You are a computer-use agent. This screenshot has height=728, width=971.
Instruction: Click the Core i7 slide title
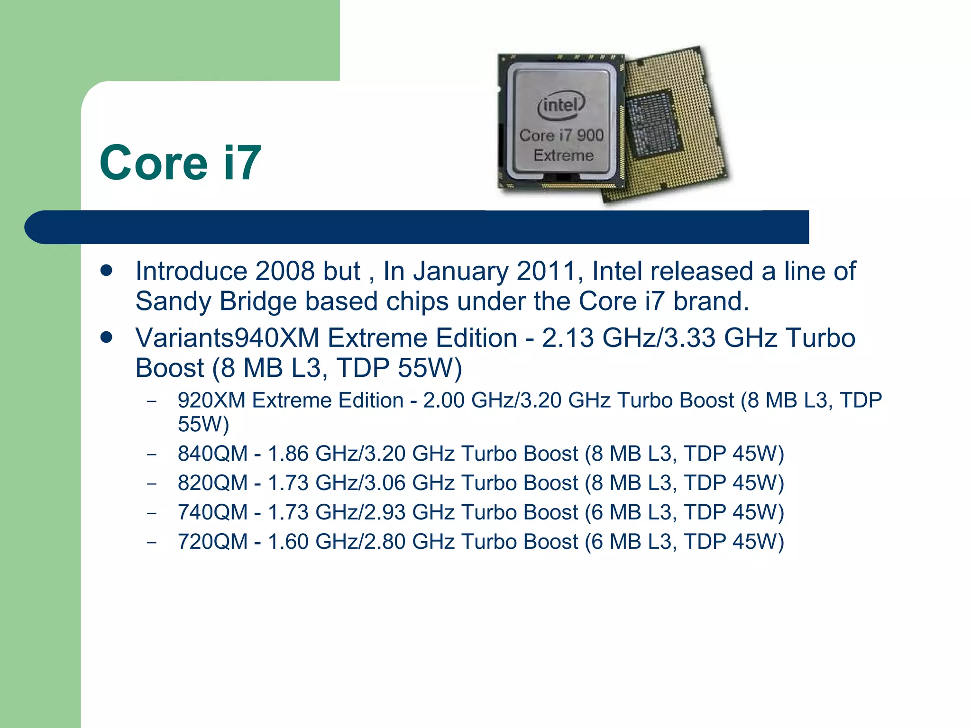click(180, 163)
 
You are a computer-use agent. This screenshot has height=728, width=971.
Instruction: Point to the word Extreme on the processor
click(563, 155)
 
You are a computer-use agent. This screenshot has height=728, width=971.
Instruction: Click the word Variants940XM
click(227, 338)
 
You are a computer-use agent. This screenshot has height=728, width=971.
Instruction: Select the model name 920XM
click(211, 400)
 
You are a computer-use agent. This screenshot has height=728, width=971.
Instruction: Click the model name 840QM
click(212, 454)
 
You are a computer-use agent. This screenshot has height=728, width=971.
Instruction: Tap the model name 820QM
click(212, 483)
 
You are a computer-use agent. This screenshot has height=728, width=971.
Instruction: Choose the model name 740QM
click(212, 512)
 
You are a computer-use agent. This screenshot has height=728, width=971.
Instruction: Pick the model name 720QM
click(212, 542)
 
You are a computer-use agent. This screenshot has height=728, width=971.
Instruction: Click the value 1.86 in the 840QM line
click(288, 454)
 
